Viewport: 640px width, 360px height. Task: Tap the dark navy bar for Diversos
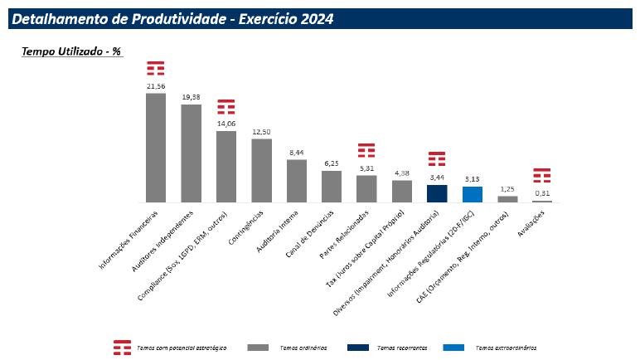pos(437,193)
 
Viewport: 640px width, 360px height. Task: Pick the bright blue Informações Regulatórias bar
pos(472,194)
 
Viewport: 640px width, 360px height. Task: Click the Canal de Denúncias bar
pos(332,187)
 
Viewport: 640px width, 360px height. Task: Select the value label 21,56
pos(156,86)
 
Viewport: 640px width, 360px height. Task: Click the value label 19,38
pos(191,97)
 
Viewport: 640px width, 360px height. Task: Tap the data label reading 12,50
pos(261,132)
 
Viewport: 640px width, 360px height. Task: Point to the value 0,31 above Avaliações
pos(542,193)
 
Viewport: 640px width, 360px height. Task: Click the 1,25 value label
pos(507,188)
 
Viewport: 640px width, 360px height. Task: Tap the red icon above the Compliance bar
pos(226,107)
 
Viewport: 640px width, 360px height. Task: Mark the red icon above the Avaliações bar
pos(542,176)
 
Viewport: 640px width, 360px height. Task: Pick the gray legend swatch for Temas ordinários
pos(259,347)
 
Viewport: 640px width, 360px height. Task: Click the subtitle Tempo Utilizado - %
pos(71,51)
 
